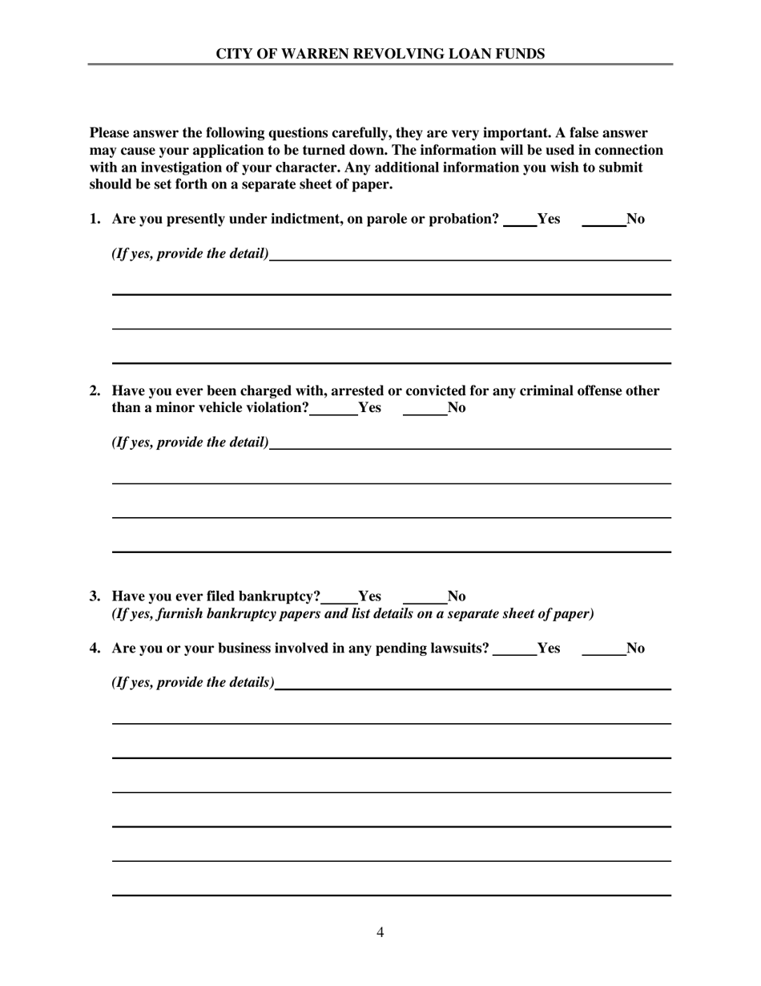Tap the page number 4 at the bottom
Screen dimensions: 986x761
click(x=380, y=932)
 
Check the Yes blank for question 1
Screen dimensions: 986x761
click(x=520, y=220)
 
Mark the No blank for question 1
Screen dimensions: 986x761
click(x=603, y=220)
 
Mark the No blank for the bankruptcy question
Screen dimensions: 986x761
click(x=424, y=597)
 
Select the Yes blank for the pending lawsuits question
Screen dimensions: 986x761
click(x=514, y=649)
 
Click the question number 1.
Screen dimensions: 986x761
click(x=95, y=220)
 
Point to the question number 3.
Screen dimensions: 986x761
click(x=95, y=596)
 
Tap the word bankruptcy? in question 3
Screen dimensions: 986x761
click(x=280, y=596)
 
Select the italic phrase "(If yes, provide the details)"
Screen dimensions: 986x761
click(x=192, y=683)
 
